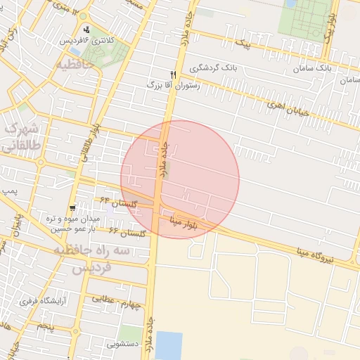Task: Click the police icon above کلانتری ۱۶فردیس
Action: pyautogui.click(x=86, y=30)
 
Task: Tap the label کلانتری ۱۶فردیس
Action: pyautogui.click(x=86, y=41)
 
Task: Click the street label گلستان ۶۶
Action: pyautogui.click(x=127, y=231)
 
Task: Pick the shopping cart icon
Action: pyautogui.click(x=73, y=208)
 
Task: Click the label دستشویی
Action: pyautogui.click(x=122, y=344)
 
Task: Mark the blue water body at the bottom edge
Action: pyautogui.click(x=168, y=345)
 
